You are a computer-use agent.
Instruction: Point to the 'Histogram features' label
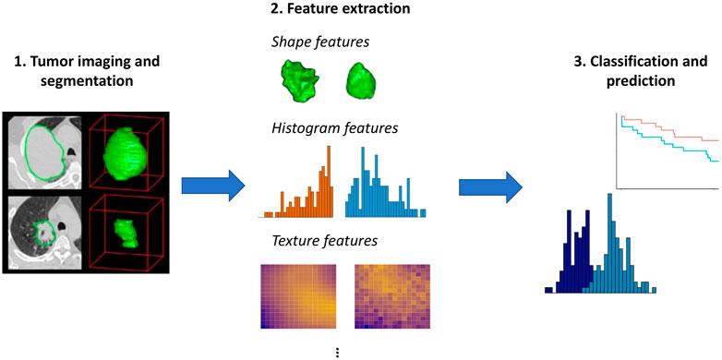pyautogui.click(x=334, y=127)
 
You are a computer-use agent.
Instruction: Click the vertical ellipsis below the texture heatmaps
pyautogui.click(x=338, y=351)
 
